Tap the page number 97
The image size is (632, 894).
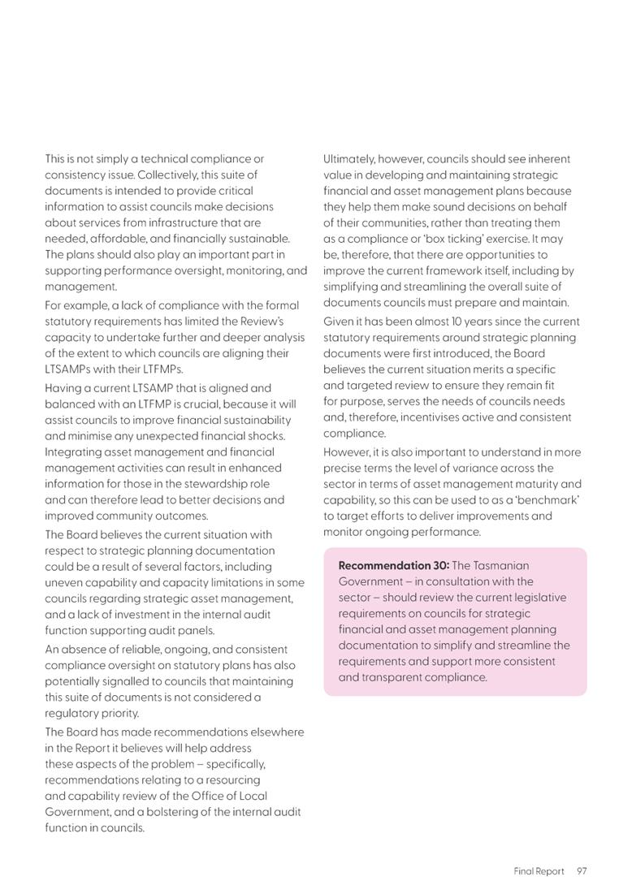(x=582, y=871)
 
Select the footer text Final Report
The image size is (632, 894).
(x=538, y=871)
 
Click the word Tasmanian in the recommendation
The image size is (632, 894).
(x=502, y=565)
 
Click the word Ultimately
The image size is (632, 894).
(x=348, y=159)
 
